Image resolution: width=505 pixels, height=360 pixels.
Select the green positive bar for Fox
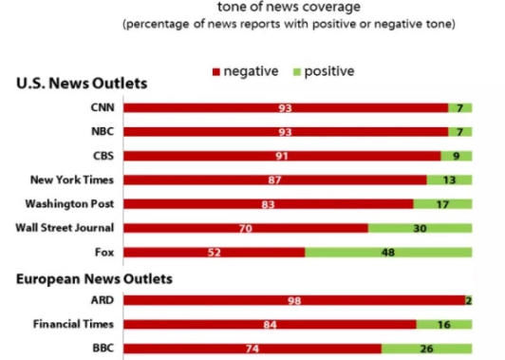tap(388, 252)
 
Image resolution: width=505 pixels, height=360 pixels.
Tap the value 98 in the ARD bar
tap(294, 300)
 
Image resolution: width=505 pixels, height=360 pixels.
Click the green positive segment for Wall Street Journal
tap(420, 228)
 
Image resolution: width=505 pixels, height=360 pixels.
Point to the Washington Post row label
tap(68, 203)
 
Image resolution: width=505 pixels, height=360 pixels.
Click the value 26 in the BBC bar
tap(425, 349)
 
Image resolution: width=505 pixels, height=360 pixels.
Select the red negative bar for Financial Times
tap(270, 324)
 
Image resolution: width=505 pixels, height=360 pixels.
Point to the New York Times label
tap(73, 180)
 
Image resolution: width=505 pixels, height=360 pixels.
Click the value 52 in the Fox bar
tap(215, 253)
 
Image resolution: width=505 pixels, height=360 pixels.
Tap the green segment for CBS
tap(457, 155)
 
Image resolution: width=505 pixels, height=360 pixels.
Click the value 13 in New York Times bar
tap(449, 180)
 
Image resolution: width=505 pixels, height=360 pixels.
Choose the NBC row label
tap(101, 131)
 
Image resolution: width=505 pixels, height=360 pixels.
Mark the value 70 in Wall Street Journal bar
tap(245, 228)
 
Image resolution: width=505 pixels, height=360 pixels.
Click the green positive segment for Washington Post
tap(442, 203)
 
